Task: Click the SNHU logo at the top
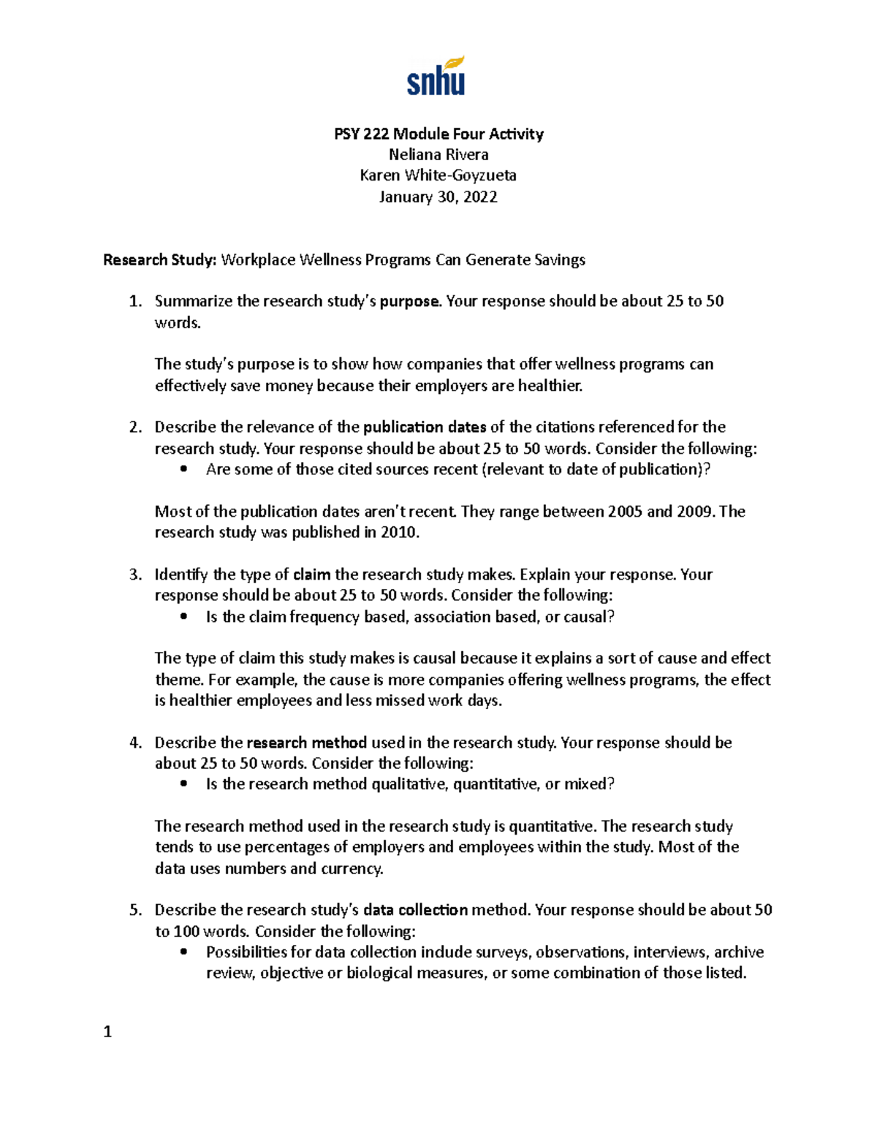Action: pos(436,76)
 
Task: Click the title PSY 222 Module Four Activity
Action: pos(438,134)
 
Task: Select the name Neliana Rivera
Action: pos(438,155)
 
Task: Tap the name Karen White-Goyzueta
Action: pos(438,175)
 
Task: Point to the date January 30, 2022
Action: pos(438,197)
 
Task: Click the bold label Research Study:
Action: pos(160,260)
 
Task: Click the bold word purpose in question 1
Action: pos(410,302)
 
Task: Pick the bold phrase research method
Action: pos(306,743)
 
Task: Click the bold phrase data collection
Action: pos(415,911)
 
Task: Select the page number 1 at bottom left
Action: pos(107,1032)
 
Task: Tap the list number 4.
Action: pos(134,743)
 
